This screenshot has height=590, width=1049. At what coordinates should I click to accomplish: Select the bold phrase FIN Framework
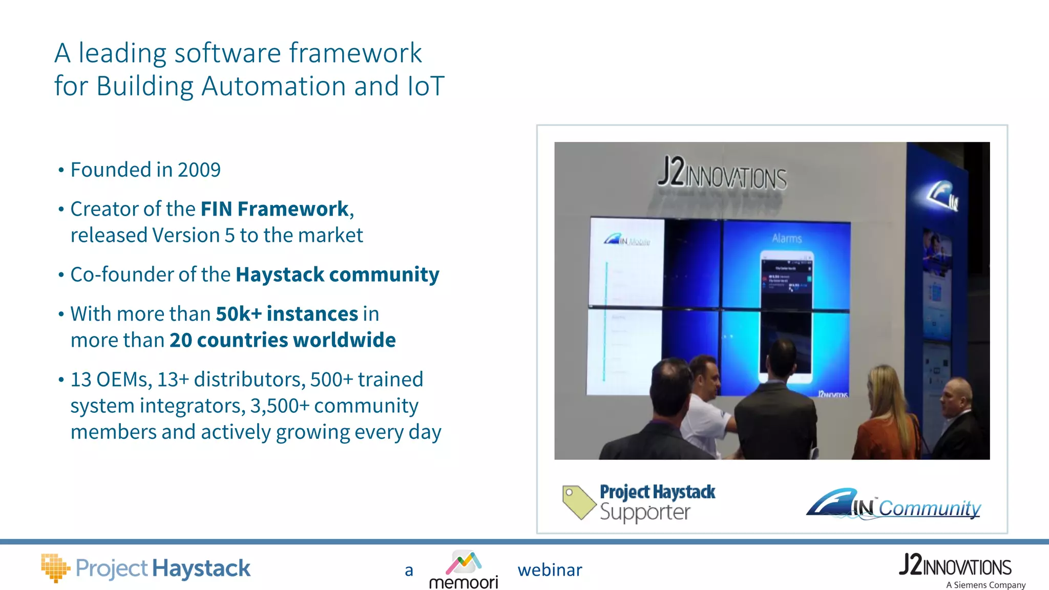tap(275, 209)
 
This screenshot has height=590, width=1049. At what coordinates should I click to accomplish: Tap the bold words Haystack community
tap(337, 275)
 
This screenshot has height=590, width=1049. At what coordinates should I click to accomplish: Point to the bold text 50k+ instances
tap(287, 314)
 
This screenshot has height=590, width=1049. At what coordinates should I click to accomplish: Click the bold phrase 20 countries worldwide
tap(283, 340)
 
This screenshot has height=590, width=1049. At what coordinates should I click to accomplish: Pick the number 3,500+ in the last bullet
tap(280, 406)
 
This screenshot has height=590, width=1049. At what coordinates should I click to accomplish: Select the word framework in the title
tap(355, 53)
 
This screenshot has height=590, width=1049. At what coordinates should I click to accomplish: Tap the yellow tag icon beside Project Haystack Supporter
tap(578, 501)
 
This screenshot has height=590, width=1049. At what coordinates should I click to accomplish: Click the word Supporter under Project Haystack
tap(645, 513)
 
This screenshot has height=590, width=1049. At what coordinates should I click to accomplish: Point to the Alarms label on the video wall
tap(787, 238)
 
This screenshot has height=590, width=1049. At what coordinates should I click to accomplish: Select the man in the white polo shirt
tap(709, 405)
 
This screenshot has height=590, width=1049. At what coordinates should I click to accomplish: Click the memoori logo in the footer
tap(464, 570)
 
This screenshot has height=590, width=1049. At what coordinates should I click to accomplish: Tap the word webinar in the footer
tap(550, 570)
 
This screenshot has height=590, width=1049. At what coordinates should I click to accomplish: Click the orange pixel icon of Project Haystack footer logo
tap(54, 567)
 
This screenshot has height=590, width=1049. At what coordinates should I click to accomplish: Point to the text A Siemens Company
tap(985, 585)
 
